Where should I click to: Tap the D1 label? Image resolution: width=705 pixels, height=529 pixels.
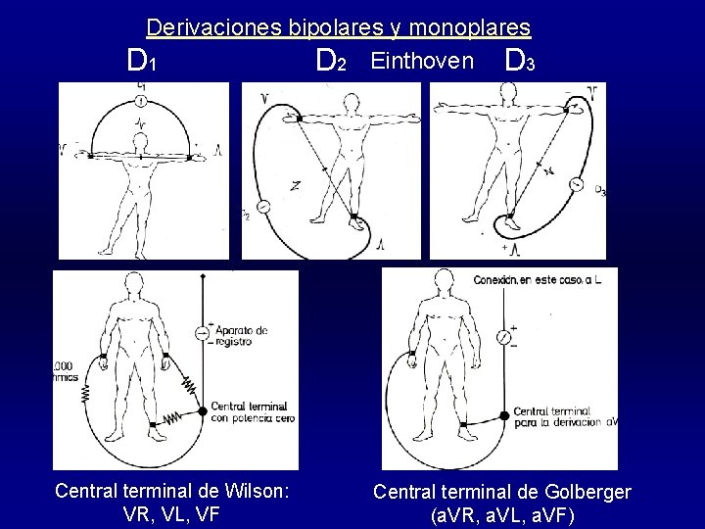142,64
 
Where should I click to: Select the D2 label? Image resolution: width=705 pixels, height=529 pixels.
331,64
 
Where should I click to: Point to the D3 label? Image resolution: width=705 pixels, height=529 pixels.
518,64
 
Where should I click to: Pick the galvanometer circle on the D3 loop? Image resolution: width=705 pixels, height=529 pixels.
577,183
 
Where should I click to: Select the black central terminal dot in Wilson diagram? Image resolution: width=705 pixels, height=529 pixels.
203,410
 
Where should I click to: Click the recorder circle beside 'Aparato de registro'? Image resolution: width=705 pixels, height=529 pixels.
203,333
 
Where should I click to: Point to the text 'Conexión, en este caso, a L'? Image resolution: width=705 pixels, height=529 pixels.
539,278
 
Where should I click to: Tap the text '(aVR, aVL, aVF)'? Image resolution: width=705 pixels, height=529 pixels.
502,513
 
